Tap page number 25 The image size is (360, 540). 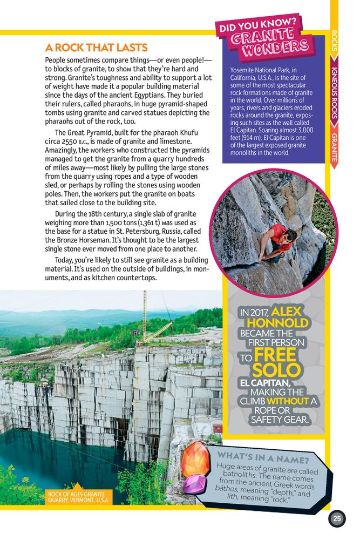point(337,519)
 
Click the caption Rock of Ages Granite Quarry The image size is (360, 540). point(78,497)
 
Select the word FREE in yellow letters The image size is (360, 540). point(275,355)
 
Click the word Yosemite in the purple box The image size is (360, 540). point(243,70)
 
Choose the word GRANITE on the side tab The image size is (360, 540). point(335,147)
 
